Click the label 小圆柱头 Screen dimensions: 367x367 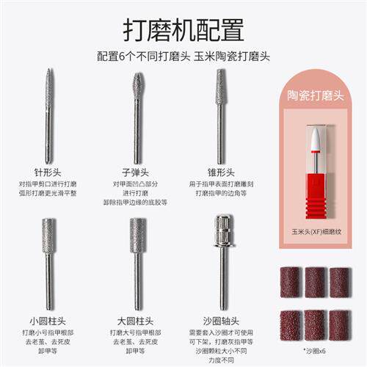click(x=50, y=320)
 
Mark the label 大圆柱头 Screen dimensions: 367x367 click(x=137, y=320)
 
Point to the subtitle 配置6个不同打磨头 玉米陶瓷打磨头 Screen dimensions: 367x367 click(x=183, y=57)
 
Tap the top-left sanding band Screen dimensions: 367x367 click(x=290, y=282)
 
